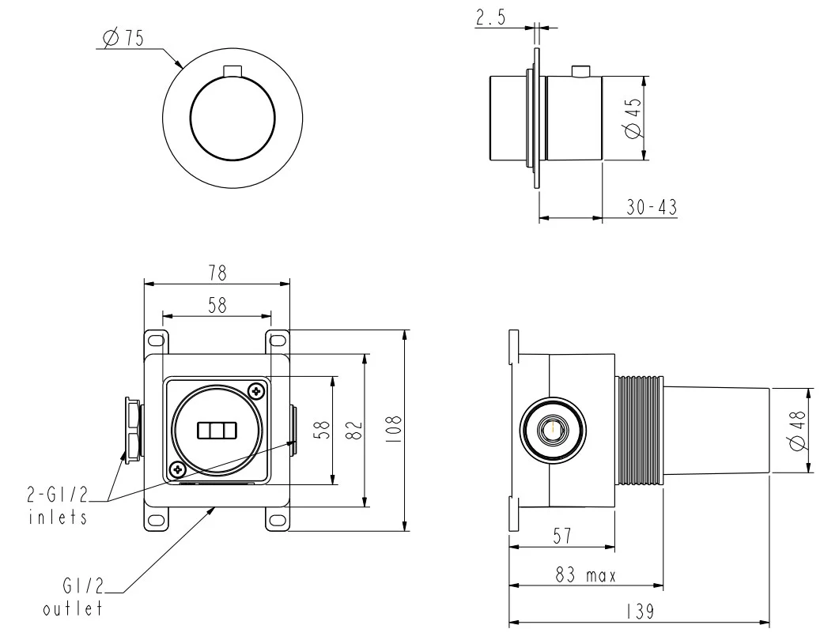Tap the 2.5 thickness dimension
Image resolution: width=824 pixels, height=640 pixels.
pos(490,18)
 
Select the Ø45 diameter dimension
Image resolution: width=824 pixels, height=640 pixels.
pos(634,119)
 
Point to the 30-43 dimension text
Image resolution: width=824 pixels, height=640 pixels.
pos(652,208)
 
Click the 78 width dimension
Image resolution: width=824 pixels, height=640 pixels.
pos(217,273)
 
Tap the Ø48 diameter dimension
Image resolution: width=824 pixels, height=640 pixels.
pos(798,431)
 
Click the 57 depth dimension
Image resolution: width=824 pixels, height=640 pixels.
pos(562,536)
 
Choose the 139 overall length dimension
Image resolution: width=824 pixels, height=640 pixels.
pos(641,612)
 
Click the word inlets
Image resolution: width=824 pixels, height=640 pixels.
pos(57,518)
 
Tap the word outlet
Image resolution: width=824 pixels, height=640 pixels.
pos(73,609)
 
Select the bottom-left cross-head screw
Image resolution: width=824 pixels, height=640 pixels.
pos(178,471)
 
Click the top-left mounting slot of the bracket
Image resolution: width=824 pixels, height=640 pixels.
pos(156,341)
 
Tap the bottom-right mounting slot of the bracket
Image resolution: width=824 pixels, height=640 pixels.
pos(278,520)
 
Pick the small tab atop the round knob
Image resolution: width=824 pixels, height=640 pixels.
pos(233,72)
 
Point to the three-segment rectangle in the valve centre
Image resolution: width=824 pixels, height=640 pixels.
pos(217,430)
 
